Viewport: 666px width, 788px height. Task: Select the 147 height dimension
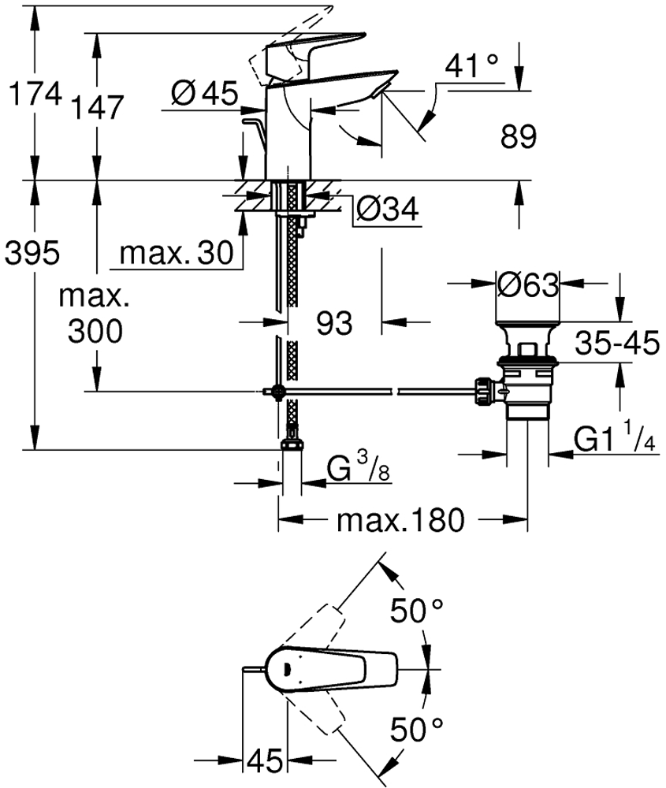coord(98,107)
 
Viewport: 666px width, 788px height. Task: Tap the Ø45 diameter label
coord(204,94)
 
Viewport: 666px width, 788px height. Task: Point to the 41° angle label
coord(471,65)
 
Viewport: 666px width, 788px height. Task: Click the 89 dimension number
coord(519,136)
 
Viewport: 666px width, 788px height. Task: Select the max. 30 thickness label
coord(177,253)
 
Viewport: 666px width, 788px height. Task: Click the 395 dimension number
coord(32,252)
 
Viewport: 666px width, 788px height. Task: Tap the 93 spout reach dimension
coord(334,323)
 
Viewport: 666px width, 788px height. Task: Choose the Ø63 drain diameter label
coord(528,285)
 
